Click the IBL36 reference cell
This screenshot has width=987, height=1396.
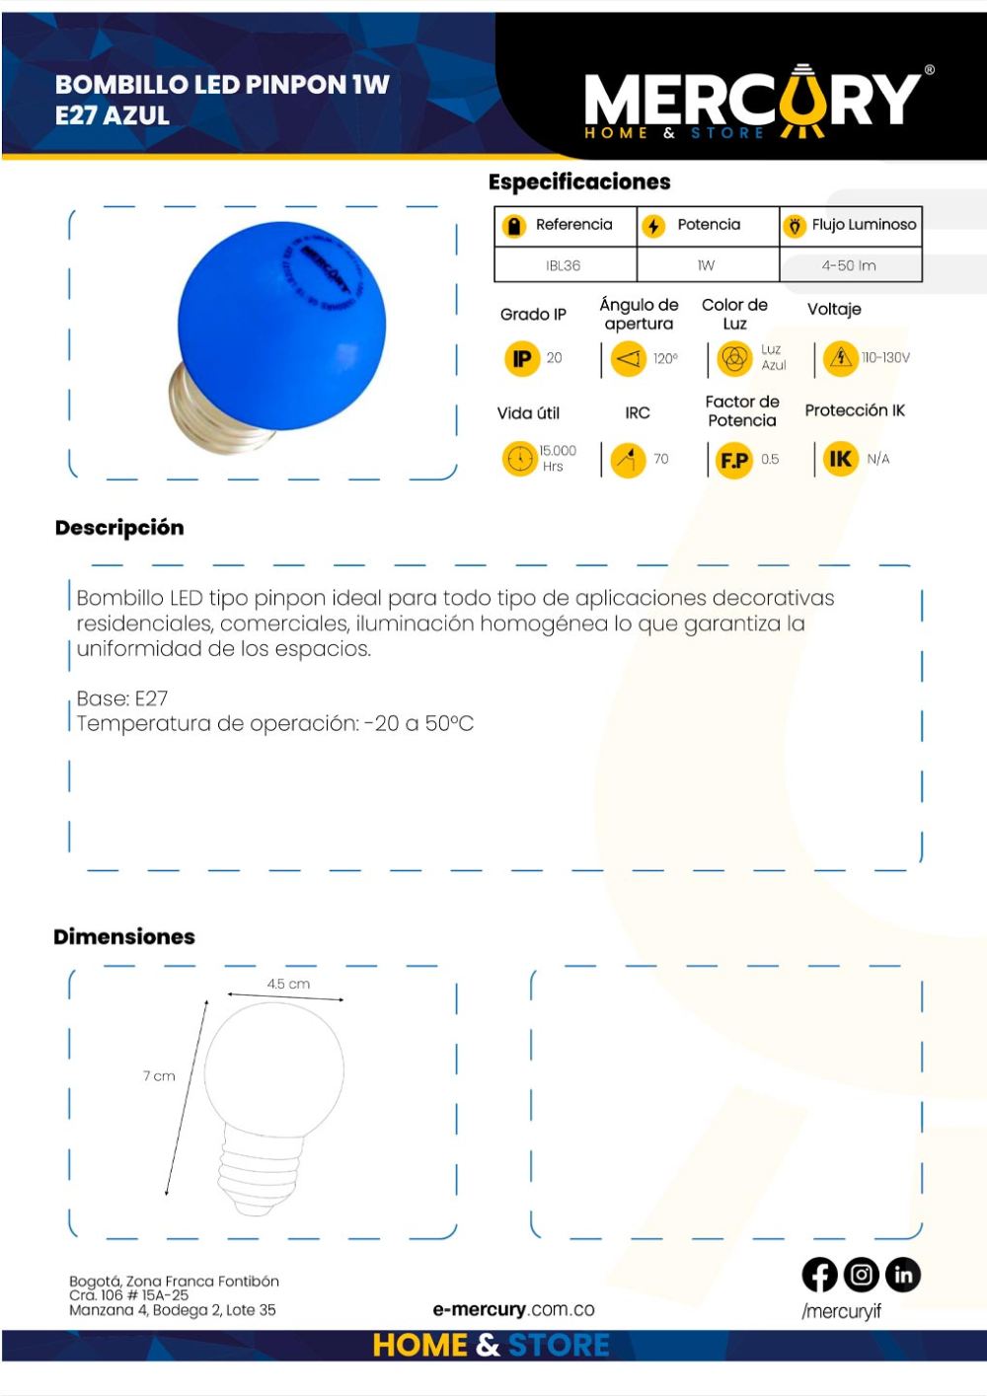pos(564,265)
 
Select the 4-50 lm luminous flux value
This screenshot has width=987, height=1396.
pos(849,265)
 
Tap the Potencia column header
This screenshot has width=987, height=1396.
pos(708,225)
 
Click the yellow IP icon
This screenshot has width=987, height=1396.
pos(520,358)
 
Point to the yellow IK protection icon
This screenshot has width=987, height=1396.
pos(840,459)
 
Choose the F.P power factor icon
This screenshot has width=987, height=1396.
pos(733,460)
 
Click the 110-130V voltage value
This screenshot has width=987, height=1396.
pos(885,357)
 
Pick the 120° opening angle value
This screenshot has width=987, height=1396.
pos(665,358)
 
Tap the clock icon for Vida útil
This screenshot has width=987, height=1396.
pos(518,459)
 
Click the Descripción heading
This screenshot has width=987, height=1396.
pos(119,528)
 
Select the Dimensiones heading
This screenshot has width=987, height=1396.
pos(124,936)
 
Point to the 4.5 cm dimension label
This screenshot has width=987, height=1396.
pos(288,984)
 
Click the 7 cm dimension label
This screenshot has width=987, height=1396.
pos(159,1075)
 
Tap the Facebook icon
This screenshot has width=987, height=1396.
pos(819,1276)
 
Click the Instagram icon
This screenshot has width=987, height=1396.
pos(861,1276)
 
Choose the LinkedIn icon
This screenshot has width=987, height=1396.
pos(902,1276)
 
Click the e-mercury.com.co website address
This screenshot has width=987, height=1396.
pos(513,1309)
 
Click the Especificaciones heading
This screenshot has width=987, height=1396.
pos(579,182)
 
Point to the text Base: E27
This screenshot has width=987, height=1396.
pos(122,698)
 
